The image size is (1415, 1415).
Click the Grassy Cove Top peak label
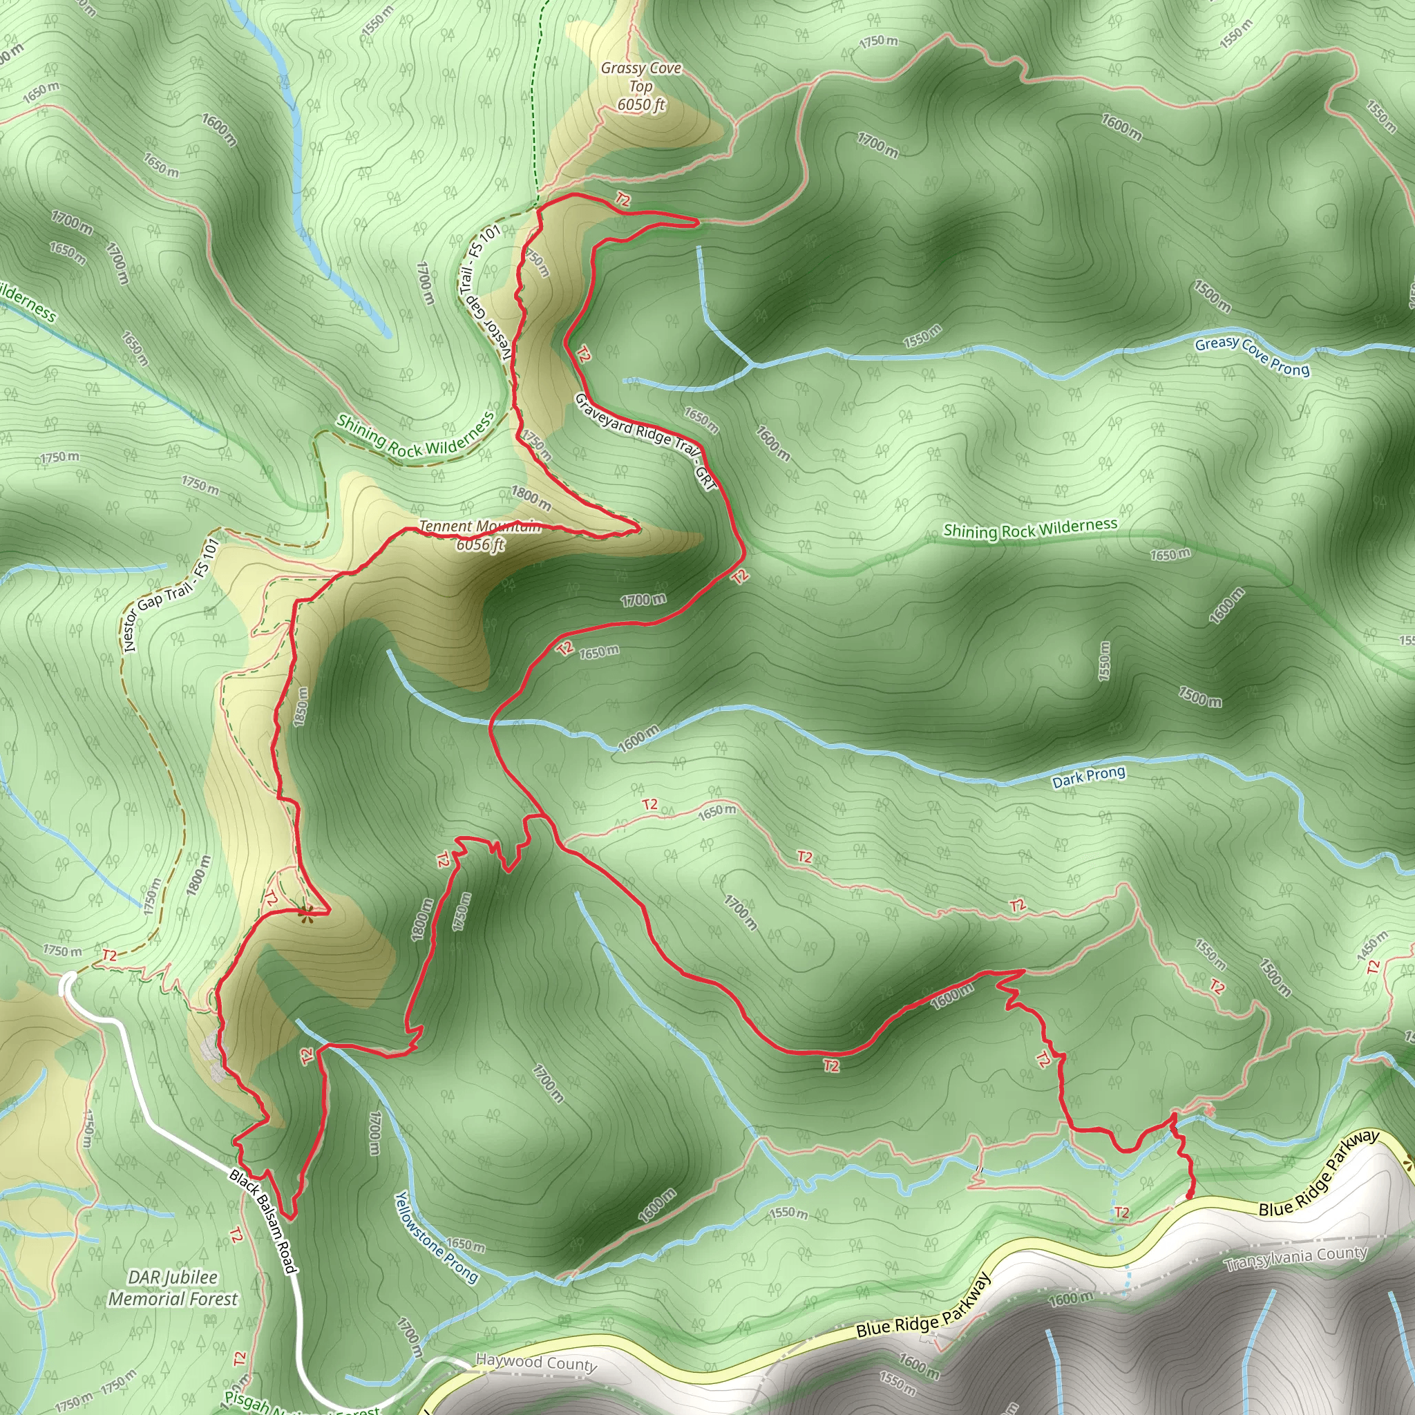[x=641, y=86]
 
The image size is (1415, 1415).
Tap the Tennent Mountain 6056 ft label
[x=480, y=535]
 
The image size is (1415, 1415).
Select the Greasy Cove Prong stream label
[x=1252, y=356]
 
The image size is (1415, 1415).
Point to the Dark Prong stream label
[x=1088, y=777]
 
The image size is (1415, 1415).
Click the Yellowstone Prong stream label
[x=437, y=1237]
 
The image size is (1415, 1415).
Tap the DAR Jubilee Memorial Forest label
[x=173, y=1289]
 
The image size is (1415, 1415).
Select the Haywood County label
[x=536, y=1362]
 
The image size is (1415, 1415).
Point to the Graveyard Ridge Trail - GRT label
[x=645, y=441]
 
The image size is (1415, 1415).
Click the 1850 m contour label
[x=301, y=707]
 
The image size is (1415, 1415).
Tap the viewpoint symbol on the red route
[x=306, y=911]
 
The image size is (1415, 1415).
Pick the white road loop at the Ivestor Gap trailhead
[x=68, y=983]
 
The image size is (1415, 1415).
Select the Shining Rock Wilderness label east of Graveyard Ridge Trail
[x=1029, y=528]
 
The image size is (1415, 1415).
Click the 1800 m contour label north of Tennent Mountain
[x=531, y=498]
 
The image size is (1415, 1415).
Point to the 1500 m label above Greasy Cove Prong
[x=1211, y=294]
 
